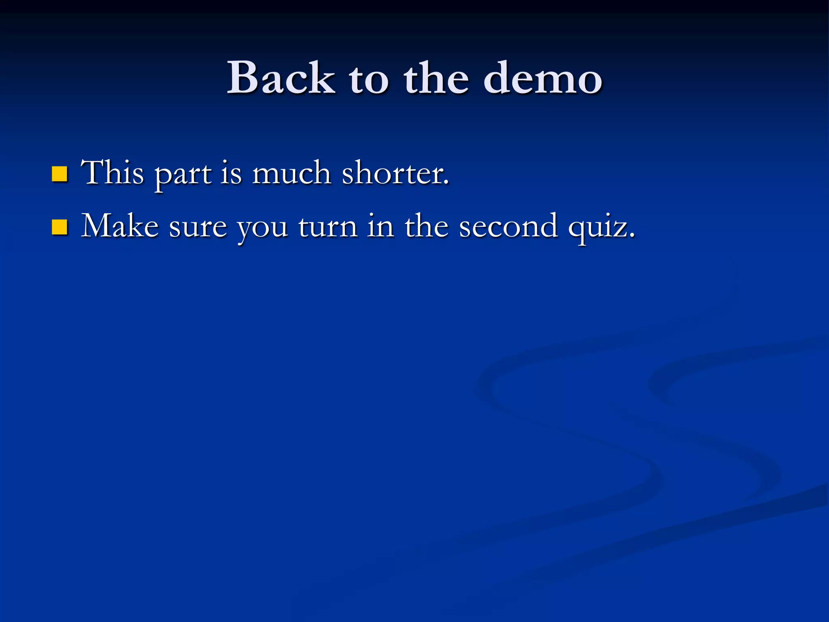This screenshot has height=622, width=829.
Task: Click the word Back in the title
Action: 281,78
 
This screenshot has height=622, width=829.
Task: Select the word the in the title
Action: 437,78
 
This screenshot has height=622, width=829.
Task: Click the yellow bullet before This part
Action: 60,174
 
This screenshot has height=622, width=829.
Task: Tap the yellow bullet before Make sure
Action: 60,227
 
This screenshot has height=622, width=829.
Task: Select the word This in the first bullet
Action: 113,173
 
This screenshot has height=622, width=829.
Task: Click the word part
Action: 183,175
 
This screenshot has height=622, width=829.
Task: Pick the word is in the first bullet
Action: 231,173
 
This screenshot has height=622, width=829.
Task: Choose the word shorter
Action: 394,173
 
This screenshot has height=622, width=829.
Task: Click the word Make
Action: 120,226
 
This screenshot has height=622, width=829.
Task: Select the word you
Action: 262,229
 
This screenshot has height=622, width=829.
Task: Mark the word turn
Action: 328,227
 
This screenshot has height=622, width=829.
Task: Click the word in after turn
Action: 380,226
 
